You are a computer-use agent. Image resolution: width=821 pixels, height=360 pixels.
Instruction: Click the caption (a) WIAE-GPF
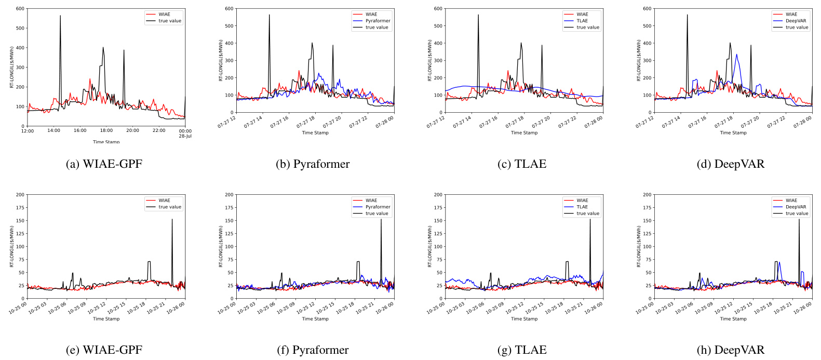[104, 164]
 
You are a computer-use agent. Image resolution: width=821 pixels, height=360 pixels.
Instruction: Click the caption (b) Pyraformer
[313, 164]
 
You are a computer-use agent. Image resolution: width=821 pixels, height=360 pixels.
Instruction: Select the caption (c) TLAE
[522, 164]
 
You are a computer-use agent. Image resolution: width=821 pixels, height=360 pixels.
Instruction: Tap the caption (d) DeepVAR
[731, 164]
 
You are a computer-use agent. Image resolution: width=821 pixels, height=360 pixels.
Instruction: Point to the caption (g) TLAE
[522, 350]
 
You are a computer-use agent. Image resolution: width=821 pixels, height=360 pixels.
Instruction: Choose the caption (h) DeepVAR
[731, 350]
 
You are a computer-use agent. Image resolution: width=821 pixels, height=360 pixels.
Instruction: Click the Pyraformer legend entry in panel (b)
[378, 21]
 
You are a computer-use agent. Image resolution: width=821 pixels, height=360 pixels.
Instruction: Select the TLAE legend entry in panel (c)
[582, 21]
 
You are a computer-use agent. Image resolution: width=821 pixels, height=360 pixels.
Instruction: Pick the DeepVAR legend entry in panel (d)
[796, 21]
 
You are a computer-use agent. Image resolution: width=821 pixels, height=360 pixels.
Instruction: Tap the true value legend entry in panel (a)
[170, 21]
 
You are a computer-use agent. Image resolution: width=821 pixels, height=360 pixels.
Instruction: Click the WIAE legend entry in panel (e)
[164, 201]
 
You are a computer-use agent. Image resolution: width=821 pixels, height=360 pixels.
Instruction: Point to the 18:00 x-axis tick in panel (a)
[106, 131]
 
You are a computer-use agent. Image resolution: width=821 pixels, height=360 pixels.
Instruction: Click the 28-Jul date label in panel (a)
[185, 136]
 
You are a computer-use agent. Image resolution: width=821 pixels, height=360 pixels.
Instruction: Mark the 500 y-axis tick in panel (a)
[20, 28]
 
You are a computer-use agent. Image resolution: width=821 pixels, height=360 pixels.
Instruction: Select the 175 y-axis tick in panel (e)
[20, 208]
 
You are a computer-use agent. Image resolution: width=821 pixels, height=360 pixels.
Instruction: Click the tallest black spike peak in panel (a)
[60, 16]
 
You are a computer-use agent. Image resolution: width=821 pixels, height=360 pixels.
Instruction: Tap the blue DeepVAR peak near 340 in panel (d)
[736, 54]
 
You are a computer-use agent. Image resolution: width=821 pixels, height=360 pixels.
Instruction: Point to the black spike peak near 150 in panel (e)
[172, 219]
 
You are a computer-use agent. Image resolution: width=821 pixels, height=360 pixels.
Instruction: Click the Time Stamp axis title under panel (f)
[315, 319]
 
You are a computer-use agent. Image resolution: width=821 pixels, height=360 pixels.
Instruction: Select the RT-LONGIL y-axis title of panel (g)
[430, 247]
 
